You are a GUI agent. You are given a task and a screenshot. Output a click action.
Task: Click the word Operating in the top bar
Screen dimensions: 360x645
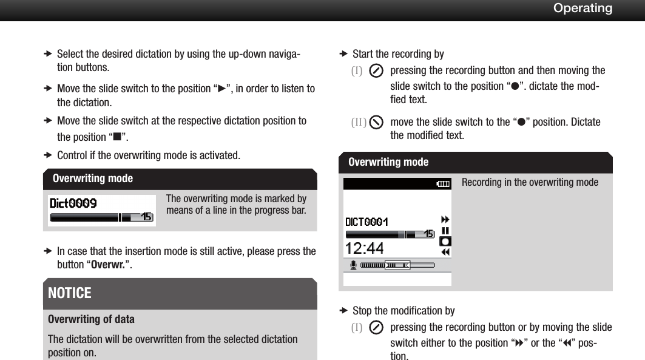coord(583,8)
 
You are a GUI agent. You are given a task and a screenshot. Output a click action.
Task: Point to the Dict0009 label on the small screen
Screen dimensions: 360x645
coord(73,203)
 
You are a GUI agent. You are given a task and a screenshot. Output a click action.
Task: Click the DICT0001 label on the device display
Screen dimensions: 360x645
coord(366,222)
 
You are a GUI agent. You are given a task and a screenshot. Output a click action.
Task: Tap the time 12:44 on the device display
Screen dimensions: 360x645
coord(365,248)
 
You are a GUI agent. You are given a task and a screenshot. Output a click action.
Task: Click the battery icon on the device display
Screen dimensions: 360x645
coord(444,183)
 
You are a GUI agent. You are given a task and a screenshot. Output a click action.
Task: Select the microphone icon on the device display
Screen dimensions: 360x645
coord(353,265)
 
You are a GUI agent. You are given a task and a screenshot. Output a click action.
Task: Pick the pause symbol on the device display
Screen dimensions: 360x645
coord(445,231)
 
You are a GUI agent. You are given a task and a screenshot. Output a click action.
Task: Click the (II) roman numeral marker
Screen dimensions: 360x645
coord(358,122)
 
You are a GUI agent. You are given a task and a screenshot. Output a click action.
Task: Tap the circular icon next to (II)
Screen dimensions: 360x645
coord(376,122)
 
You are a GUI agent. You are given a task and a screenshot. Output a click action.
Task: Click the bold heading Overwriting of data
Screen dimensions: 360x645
coord(91,319)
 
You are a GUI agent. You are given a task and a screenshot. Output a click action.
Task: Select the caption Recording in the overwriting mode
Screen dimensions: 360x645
coord(530,183)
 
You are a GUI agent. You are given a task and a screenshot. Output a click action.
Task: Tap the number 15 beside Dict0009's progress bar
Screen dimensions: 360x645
coord(146,217)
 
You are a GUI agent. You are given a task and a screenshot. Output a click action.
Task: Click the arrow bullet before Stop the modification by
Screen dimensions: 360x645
coord(342,311)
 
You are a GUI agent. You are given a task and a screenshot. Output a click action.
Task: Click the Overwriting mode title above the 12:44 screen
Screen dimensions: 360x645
coord(388,162)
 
